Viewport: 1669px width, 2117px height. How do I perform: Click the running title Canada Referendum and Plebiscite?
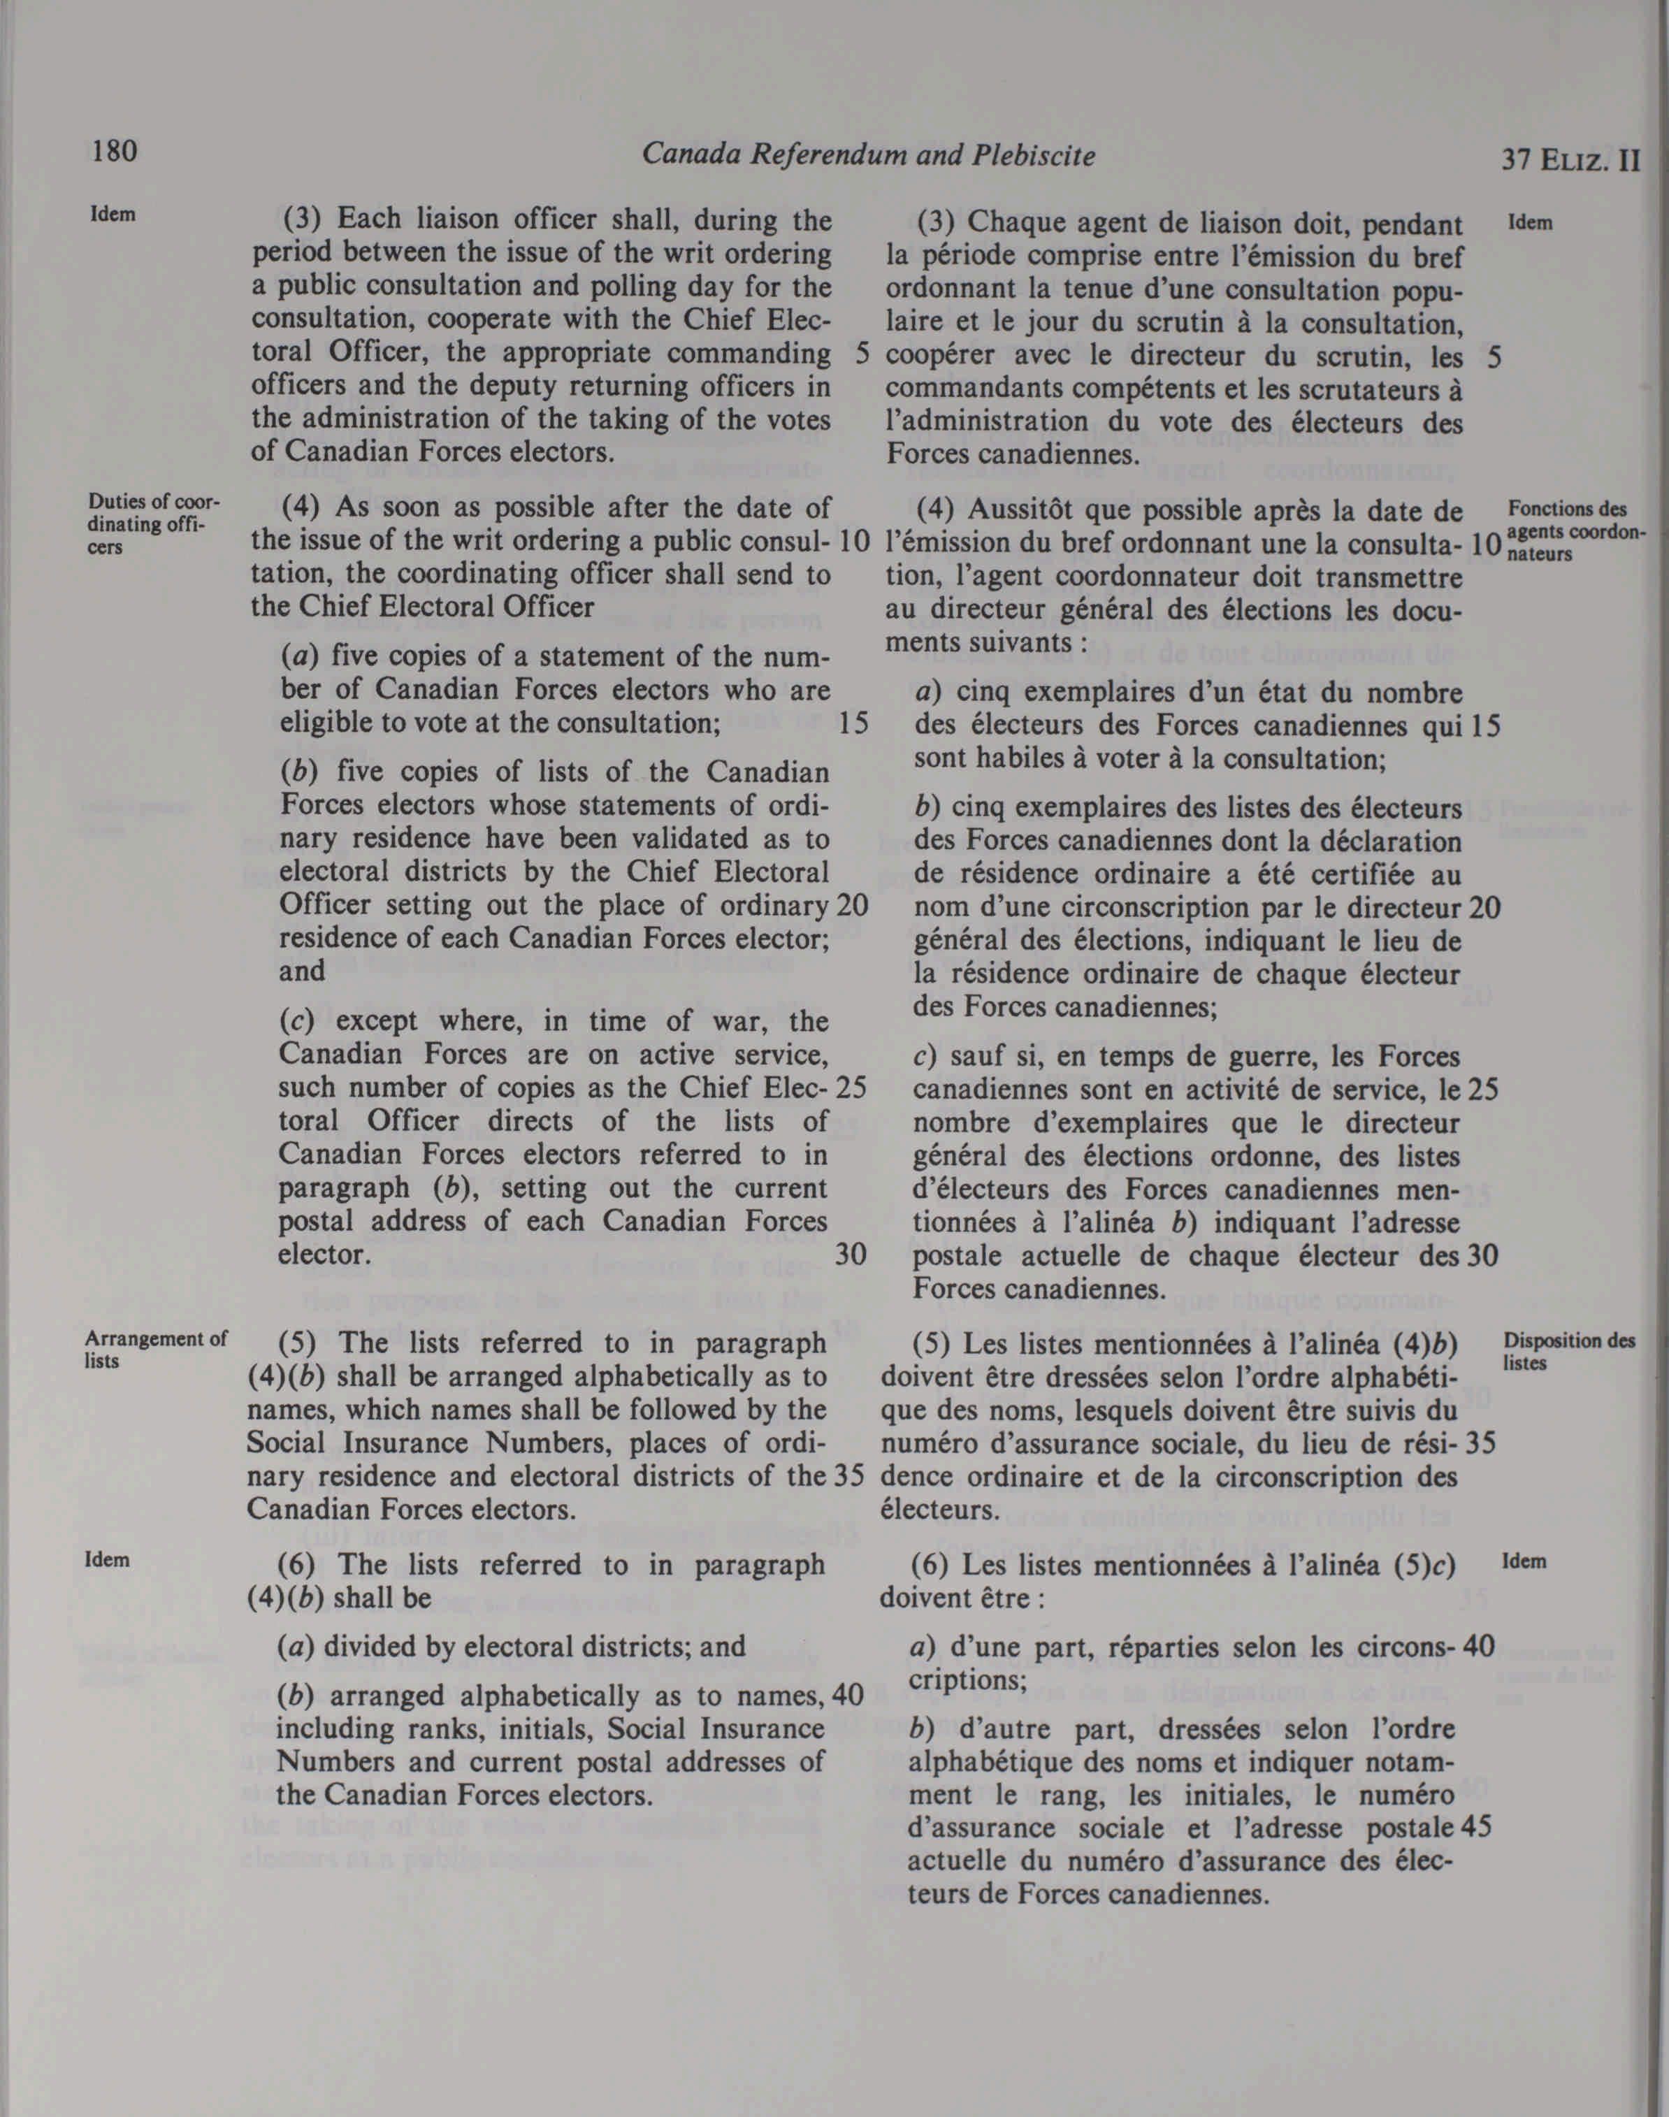click(868, 154)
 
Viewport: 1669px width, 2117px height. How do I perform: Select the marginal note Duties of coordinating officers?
click(154, 523)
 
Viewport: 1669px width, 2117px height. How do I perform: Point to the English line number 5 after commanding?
click(860, 354)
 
